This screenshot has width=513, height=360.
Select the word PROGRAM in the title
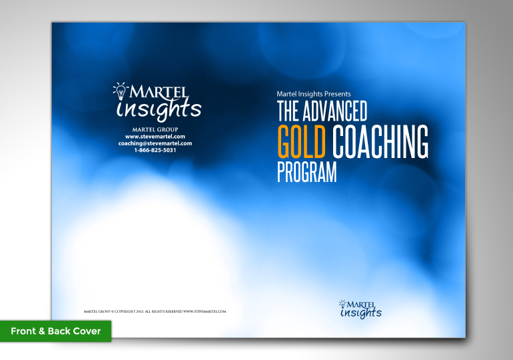pyautogui.click(x=306, y=172)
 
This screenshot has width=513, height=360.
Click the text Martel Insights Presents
pyautogui.click(x=313, y=94)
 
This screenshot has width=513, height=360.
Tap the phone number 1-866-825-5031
pyautogui.click(x=155, y=150)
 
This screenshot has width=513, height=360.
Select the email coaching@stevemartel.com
pyautogui.click(x=155, y=143)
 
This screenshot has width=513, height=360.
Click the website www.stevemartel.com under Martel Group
pyautogui.click(x=155, y=136)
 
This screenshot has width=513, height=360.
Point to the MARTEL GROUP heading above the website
pyautogui.click(x=155, y=129)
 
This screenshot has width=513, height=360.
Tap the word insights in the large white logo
pyautogui.click(x=158, y=109)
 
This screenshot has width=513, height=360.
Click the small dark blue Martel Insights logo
pyautogui.click(x=360, y=309)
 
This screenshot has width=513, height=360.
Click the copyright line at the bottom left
pyautogui.click(x=155, y=311)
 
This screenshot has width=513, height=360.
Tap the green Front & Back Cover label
pyautogui.click(x=55, y=331)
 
